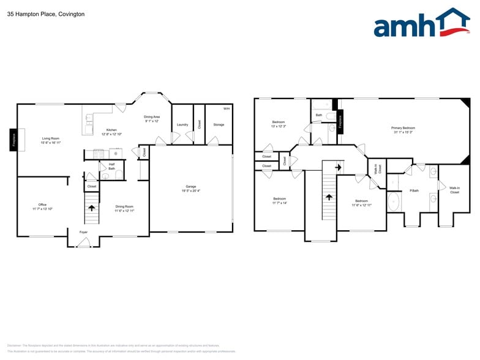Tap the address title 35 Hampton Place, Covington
(46, 13)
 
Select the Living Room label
(50, 138)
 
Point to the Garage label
(191, 186)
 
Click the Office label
(42, 204)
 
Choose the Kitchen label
(111, 130)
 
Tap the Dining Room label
(124, 206)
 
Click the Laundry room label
(182, 124)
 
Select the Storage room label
(219, 124)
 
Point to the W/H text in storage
(226, 108)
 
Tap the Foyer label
(83, 232)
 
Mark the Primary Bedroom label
(403, 128)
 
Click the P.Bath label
(414, 190)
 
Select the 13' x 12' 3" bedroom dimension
(279, 126)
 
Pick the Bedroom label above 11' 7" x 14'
(280, 198)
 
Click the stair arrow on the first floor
(92, 208)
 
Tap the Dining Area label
(152, 116)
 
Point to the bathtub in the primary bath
(394, 201)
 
